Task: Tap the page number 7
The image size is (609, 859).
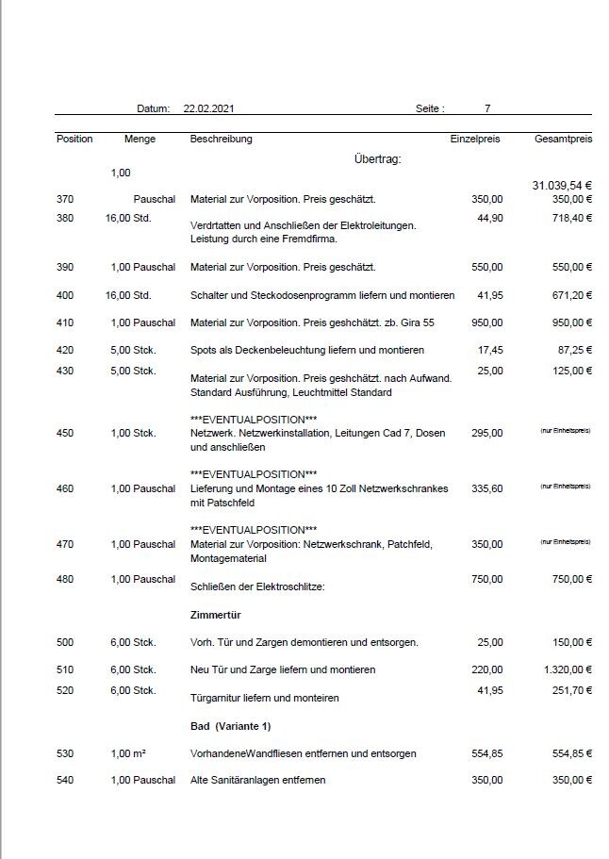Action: click(x=487, y=109)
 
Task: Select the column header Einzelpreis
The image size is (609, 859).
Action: click(x=475, y=139)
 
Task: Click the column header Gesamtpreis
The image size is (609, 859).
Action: click(x=563, y=139)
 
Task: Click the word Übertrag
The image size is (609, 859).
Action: click(x=378, y=158)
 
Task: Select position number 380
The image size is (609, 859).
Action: click(x=64, y=218)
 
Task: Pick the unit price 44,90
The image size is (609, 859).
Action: click(x=489, y=218)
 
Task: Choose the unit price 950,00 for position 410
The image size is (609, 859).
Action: click(x=486, y=322)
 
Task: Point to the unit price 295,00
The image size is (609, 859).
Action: click(x=486, y=433)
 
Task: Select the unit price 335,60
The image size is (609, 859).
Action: click(x=486, y=487)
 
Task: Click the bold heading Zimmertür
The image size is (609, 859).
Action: click(x=218, y=615)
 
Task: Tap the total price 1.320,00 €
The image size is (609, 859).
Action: click(x=565, y=669)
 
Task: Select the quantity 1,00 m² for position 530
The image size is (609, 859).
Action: click(x=131, y=753)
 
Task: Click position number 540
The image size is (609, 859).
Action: click(x=64, y=780)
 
